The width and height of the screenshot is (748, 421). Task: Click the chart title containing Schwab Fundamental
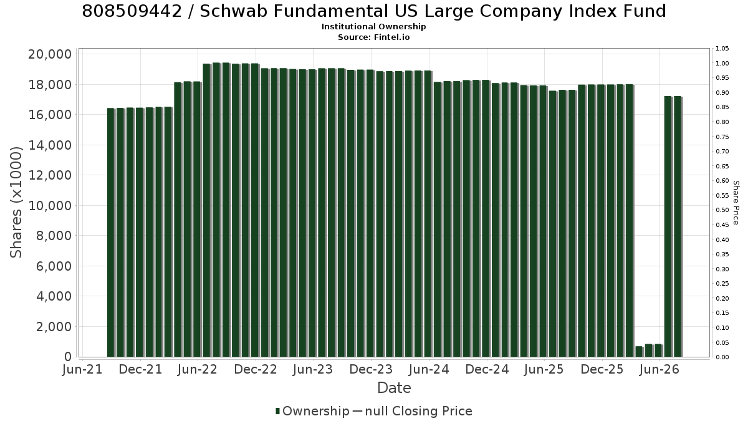coord(374,11)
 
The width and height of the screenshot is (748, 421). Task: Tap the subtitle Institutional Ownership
coord(373,27)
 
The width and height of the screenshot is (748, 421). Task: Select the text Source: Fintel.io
coord(373,37)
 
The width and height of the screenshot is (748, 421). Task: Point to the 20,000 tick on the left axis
coord(50,54)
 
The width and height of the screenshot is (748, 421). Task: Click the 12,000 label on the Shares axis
coord(50,175)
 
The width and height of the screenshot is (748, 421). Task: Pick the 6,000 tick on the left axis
coord(54,266)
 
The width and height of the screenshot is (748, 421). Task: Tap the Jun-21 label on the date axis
coord(82,369)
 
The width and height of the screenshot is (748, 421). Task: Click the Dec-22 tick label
coord(256,369)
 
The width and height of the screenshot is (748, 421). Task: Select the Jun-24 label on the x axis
coord(429,369)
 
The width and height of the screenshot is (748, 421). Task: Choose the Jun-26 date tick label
coord(659,369)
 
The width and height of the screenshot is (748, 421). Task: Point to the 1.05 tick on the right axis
coord(722,49)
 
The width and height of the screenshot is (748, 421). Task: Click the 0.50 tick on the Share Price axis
coord(722,210)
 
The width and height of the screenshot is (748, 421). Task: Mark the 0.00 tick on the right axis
coord(722,357)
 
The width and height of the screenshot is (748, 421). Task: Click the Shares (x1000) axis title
coord(16,203)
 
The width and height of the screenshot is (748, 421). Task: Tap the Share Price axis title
coord(736,203)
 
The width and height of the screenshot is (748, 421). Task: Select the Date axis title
coord(394,388)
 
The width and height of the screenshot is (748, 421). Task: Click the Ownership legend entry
coord(312,411)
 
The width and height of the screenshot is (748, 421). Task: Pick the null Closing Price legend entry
coord(413,411)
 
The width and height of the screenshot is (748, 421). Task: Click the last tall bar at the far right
coord(678,226)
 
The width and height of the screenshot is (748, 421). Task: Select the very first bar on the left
coord(111,233)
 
